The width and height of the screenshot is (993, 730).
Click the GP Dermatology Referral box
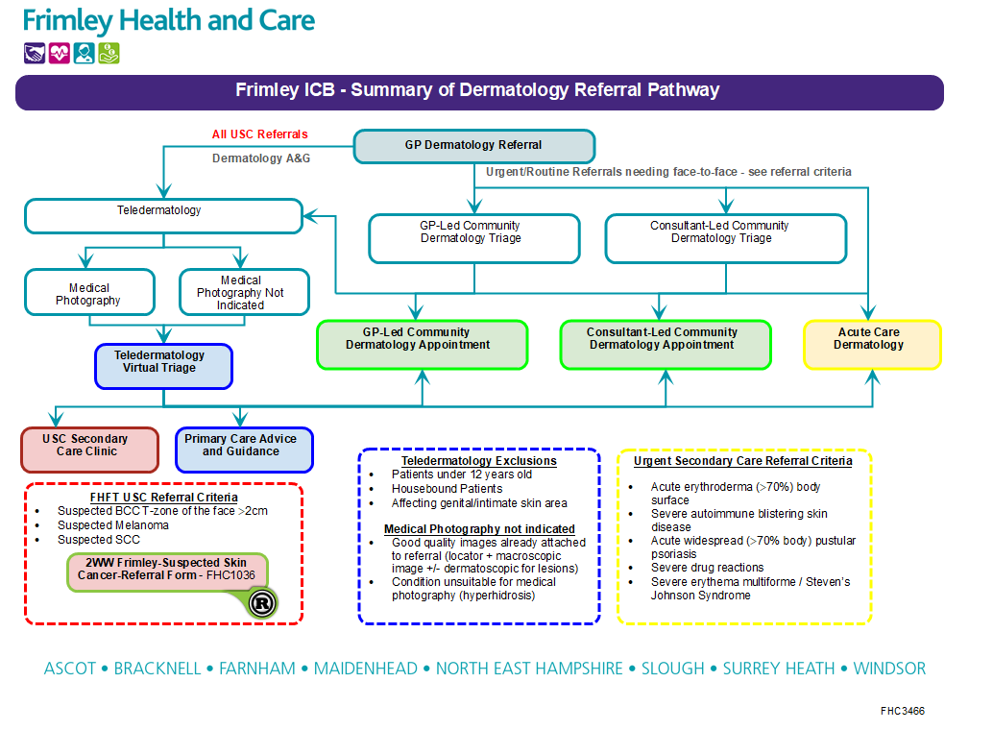(474, 146)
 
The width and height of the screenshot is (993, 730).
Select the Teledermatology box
(163, 215)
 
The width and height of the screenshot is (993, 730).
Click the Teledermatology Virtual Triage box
(163, 366)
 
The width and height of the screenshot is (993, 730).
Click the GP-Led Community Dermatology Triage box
(474, 238)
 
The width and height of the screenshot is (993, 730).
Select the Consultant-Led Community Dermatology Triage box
(725, 238)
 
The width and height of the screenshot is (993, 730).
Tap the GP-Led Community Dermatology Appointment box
(423, 344)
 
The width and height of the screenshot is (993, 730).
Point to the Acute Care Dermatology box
(872, 344)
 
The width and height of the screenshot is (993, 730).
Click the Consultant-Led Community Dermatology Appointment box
(666, 344)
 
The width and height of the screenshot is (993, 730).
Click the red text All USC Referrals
(260, 134)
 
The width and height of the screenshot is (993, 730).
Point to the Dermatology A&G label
(261, 158)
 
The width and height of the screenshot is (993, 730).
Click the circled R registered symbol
(262, 602)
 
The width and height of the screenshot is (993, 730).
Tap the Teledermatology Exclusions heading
(479, 461)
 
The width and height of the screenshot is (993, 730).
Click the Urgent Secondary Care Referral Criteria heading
(742, 461)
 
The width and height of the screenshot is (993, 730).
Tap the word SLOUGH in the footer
(672, 669)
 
